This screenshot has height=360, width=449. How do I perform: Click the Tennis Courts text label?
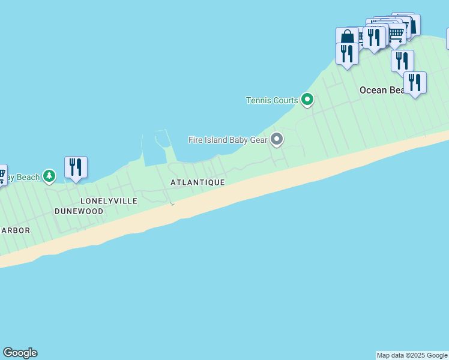(272, 100)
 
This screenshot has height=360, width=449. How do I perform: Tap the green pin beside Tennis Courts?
(307, 99)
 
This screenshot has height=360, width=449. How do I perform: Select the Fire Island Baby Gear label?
(228, 140)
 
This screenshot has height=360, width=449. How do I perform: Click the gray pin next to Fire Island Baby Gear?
(277, 139)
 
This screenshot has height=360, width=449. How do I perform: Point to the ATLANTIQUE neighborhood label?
(197, 182)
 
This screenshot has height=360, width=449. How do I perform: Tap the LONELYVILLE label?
(109, 200)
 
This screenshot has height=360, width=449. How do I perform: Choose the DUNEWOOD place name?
(79, 211)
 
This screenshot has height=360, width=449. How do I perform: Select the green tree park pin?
(49, 176)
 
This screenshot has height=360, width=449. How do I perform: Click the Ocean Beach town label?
(382, 90)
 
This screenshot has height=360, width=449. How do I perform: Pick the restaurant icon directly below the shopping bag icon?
(347, 54)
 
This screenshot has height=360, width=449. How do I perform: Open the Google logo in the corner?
(20, 353)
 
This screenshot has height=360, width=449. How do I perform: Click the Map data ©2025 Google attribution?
(412, 355)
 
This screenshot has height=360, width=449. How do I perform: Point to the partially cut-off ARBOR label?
(15, 230)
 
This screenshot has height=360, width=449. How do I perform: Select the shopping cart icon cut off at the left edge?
(2, 175)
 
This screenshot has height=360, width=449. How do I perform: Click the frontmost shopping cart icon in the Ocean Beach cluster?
(396, 35)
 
